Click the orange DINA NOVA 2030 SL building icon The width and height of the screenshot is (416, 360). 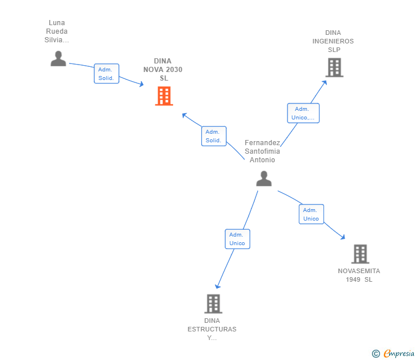(x=164, y=96)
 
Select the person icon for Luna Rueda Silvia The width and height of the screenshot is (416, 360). (x=58, y=58)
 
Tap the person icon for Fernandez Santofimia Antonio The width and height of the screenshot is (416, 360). (x=263, y=179)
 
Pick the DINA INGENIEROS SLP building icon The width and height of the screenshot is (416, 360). (x=334, y=67)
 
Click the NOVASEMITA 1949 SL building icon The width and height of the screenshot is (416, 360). (x=359, y=254)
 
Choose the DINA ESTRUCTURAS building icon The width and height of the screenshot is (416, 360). (x=213, y=303)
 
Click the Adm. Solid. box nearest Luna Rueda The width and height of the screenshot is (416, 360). (x=106, y=74)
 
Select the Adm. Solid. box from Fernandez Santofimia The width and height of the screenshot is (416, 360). (x=214, y=136)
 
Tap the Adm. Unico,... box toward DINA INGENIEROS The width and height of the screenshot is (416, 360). (x=303, y=113)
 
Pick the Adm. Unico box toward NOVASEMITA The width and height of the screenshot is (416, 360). (x=311, y=214)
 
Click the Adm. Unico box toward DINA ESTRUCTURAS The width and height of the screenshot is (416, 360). (x=237, y=239)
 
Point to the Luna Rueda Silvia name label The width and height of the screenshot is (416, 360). (x=57, y=32)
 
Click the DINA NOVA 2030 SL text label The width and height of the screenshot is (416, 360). (x=163, y=70)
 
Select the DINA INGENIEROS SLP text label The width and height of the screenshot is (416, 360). (x=333, y=41)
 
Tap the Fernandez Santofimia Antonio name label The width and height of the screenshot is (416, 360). (x=262, y=151)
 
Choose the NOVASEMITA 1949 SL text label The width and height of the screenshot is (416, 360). (x=359, y=275)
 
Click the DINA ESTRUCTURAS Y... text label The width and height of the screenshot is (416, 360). (x=212, y=329)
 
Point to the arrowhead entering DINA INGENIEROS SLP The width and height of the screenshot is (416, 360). (x=325, y=82)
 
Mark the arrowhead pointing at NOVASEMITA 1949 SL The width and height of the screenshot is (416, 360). (x=343, y=237)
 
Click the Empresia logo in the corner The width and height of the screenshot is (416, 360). (x=393, y=354)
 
